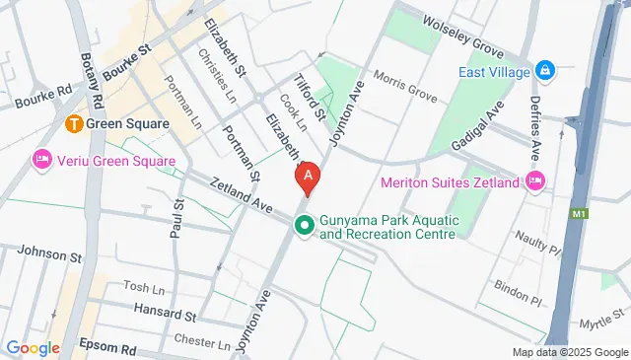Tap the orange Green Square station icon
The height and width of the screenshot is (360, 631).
[x=74, y=124]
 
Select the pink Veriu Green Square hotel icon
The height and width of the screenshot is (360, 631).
[x=42, y=160]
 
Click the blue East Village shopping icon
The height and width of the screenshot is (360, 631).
[x=543, y=72]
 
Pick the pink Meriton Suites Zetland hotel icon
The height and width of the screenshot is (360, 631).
[x=534, y=180]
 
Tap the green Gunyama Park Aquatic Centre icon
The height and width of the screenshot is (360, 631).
[x=305, y=227]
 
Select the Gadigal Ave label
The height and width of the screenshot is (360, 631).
[x=484, y=131]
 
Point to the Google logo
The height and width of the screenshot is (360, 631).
[x=33, y=347]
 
